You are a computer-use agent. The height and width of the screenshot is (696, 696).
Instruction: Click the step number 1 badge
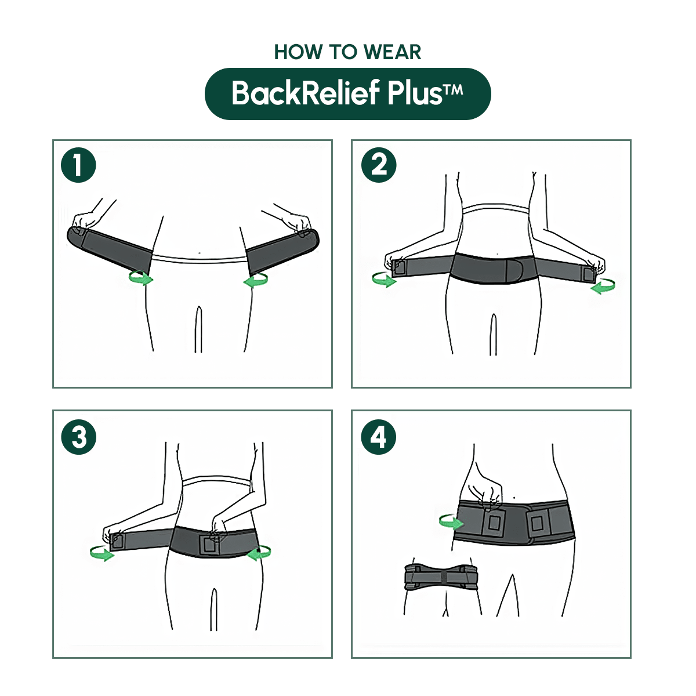(x=78, y=165)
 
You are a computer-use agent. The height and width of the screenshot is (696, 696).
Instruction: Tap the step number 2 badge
(x=379, y=165)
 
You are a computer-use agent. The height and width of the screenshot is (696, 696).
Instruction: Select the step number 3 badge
(x=78, y=437)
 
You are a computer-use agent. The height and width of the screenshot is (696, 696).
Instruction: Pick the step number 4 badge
(x=379, y=437)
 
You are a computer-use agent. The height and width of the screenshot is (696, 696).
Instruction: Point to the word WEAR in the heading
(x=393, y=52)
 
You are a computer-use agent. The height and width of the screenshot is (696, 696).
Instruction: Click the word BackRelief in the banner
(x=306, y=93)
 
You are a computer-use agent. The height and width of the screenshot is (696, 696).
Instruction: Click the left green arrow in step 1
(x=141, y=278)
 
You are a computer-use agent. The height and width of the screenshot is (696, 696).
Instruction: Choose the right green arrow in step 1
(x=256, y=281)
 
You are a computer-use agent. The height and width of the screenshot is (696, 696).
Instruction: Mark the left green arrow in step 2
(x=384, y=280)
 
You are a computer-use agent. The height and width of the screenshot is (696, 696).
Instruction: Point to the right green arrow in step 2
(x=603, y=285)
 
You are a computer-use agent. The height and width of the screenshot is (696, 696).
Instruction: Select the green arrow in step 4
(x=451, y=521)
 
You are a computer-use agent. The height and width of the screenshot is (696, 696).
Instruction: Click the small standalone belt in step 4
(x=440, y=577)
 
